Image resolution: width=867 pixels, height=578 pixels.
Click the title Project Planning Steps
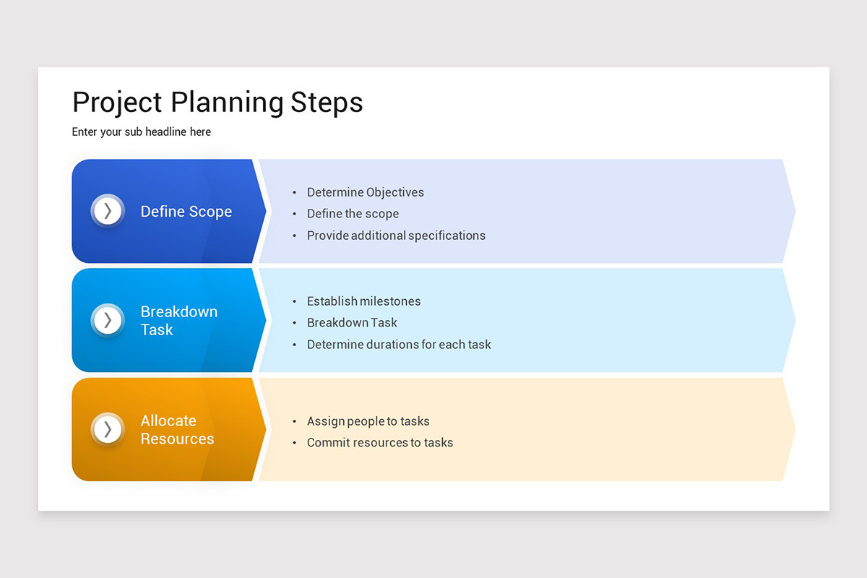[x=217, y=103]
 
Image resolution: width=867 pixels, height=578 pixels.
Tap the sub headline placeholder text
[x=142, y=132]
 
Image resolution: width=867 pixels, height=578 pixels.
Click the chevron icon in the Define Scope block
[x=108, y=211]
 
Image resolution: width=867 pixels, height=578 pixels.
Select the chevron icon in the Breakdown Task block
[x=108, y=320]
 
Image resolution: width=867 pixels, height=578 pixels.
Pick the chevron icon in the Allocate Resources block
[x=108, y=429]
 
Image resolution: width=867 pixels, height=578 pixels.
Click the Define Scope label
[x=186, y=212]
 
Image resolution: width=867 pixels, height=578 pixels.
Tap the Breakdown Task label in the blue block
[x=178, y=321]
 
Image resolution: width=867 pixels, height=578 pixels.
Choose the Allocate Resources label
[x=177, y=430]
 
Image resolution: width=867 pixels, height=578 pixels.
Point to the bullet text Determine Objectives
[x=365, y=192]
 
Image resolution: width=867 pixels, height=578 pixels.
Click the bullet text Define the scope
[x=353, y=214]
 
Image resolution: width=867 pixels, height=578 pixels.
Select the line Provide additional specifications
[x=396, y=236]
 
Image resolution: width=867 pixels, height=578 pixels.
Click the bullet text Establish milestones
[x=363, y=301]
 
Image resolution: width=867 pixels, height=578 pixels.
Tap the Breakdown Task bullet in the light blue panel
[x=352, y=323]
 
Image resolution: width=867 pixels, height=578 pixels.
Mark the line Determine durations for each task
[x=399, y=345]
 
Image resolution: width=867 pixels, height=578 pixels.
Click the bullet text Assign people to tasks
[x=368, y=421]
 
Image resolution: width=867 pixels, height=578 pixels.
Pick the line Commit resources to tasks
[x=380, y=443]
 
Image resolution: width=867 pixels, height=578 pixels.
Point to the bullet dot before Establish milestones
[x=295, y=302]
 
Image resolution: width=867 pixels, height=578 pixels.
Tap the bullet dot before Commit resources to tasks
[x=295, y=444]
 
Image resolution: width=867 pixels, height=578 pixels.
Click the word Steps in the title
[x=327, y=103]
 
